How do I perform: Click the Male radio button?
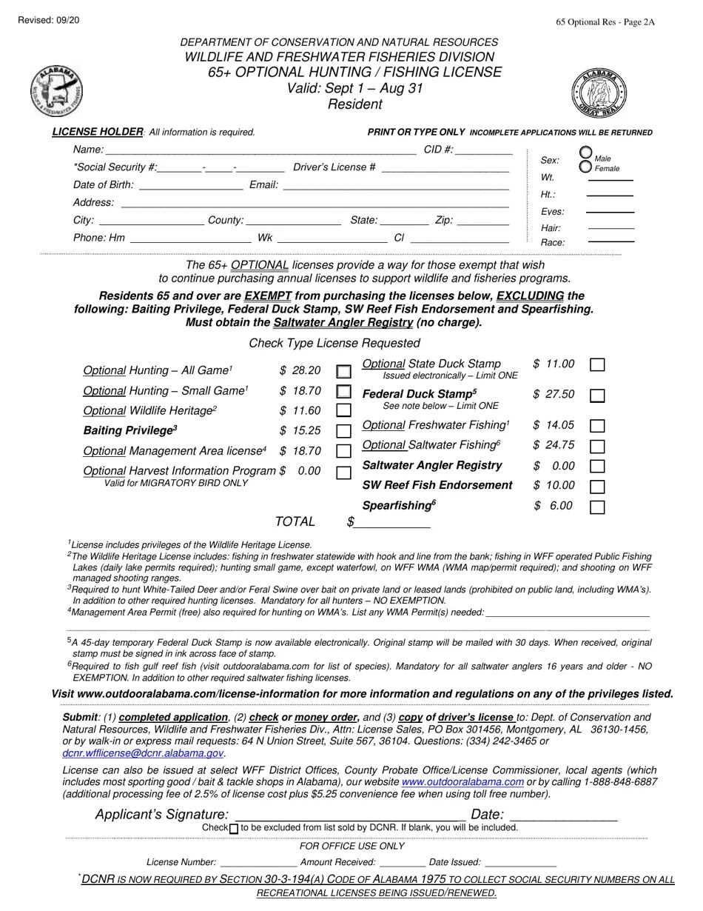[585, 153]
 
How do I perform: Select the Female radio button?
[585, 167]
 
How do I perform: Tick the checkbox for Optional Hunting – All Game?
[343, 371]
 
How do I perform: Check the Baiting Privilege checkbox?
[343, 431]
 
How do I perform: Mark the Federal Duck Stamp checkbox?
[597, 396]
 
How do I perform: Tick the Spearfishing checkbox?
[597, 507]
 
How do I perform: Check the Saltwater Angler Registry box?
[597, 467]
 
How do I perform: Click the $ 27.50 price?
[553, 395]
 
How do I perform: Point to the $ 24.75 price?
[553, 445]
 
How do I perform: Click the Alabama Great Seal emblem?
[599, 93]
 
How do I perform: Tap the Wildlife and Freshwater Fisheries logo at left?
[56, 91]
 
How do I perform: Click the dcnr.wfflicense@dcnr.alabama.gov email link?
[143, 753]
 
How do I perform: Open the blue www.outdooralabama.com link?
[462, 782]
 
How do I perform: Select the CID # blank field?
[484, 150]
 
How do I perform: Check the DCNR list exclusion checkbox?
[234, 828]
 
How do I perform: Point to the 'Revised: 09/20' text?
[48, 20]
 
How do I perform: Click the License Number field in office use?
[258, 863]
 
